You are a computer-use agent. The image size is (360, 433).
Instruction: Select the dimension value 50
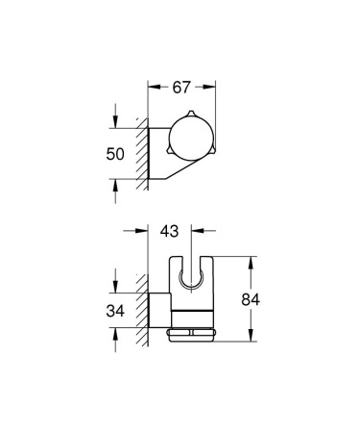[115, 153]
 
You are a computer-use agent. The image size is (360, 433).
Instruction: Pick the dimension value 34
[115, 310]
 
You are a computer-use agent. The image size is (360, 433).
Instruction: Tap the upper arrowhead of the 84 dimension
[252, 261]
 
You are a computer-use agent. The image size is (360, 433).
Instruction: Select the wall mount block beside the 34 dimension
[156, 310]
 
